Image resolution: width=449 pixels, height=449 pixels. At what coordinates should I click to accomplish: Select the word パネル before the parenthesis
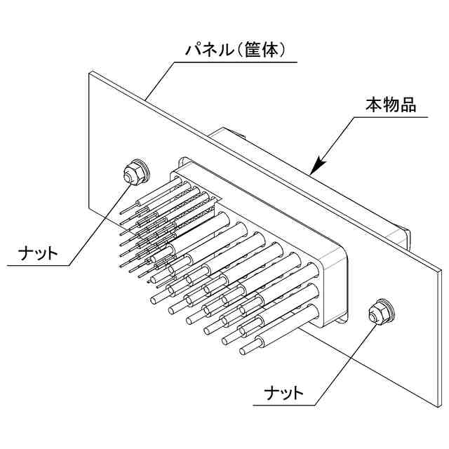[207, 51]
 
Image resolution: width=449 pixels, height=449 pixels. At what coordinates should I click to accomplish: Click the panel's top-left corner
[90, 72]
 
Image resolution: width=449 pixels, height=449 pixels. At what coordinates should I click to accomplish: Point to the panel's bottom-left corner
[90, 208]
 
